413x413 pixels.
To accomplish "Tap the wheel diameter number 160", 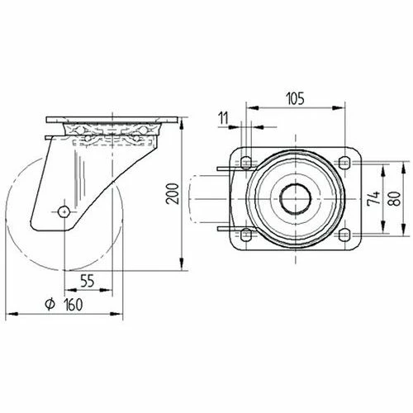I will tap(75, 305).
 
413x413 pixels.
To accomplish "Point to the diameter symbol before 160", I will tap(50, 305).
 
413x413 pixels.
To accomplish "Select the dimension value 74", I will tap(373, 199).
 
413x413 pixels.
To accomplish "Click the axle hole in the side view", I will tap(64, 211).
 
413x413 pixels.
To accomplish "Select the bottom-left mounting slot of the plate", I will tap(244, 235).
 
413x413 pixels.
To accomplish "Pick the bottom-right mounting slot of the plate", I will tap(344, 235).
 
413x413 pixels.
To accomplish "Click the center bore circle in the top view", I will tap(294, 198).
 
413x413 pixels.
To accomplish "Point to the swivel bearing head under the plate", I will tap(111, 135).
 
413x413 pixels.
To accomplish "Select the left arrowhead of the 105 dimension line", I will tap(250, 107).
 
